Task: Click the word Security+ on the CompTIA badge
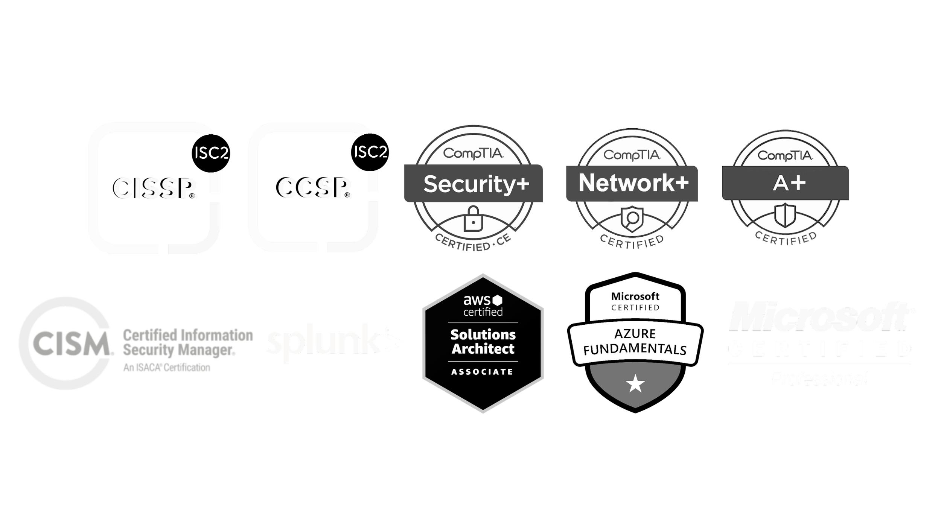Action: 476,184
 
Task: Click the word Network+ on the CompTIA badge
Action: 633,183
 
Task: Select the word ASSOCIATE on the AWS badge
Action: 482,372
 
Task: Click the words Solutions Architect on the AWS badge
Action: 483,341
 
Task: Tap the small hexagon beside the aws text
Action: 499,300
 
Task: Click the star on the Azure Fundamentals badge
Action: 635,385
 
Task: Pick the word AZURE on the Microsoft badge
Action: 635,334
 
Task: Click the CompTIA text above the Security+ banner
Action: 473,154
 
